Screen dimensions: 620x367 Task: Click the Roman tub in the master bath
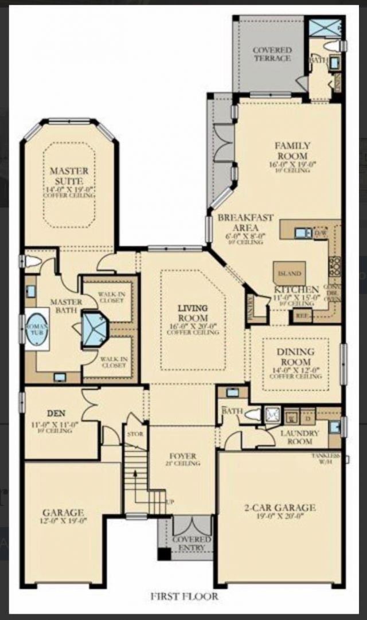click(37, 327)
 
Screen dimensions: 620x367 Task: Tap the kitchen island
click(289, 274)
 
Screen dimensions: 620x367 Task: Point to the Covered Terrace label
click(272, 54)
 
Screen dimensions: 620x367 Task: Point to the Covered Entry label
click(192, 544)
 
